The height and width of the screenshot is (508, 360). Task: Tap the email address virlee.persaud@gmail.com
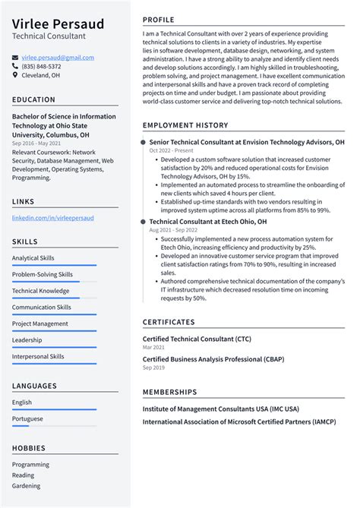[58, 58]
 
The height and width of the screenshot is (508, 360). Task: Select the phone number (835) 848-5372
[41, 66]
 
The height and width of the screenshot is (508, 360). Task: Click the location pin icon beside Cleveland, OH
[15, 75]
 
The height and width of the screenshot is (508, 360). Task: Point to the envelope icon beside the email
[15, 58]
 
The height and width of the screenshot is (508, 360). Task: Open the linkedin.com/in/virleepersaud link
[52, 217]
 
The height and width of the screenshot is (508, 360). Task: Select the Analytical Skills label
[33, 258]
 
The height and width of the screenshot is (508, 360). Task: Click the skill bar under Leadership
[54, 347]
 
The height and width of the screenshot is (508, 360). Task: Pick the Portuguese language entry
[27, 418]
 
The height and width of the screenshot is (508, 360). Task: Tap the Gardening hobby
[27, 485]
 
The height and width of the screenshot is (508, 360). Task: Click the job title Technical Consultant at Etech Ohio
[208, 222]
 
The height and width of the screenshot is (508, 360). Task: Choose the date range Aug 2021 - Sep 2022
[174, 230]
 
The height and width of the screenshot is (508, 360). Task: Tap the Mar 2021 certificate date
[153, 347]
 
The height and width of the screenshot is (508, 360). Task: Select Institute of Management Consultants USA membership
[220, 409]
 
